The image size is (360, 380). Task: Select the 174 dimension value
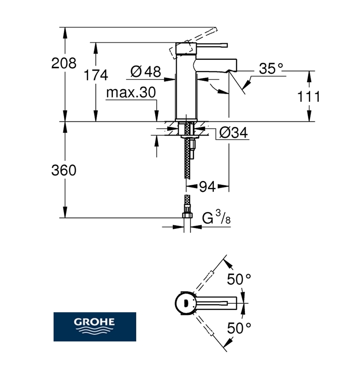point(96,75)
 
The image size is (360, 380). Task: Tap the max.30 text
point(130,93)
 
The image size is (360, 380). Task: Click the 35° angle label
point(271,69)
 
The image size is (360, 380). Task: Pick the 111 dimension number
point(309,97)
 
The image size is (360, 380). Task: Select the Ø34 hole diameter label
point(233,134)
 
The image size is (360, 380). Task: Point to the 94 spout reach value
point(207,187)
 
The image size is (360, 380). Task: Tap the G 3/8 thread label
point(216,218)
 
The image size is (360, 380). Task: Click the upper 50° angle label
point(239,279)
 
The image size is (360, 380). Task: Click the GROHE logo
point(94,326)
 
